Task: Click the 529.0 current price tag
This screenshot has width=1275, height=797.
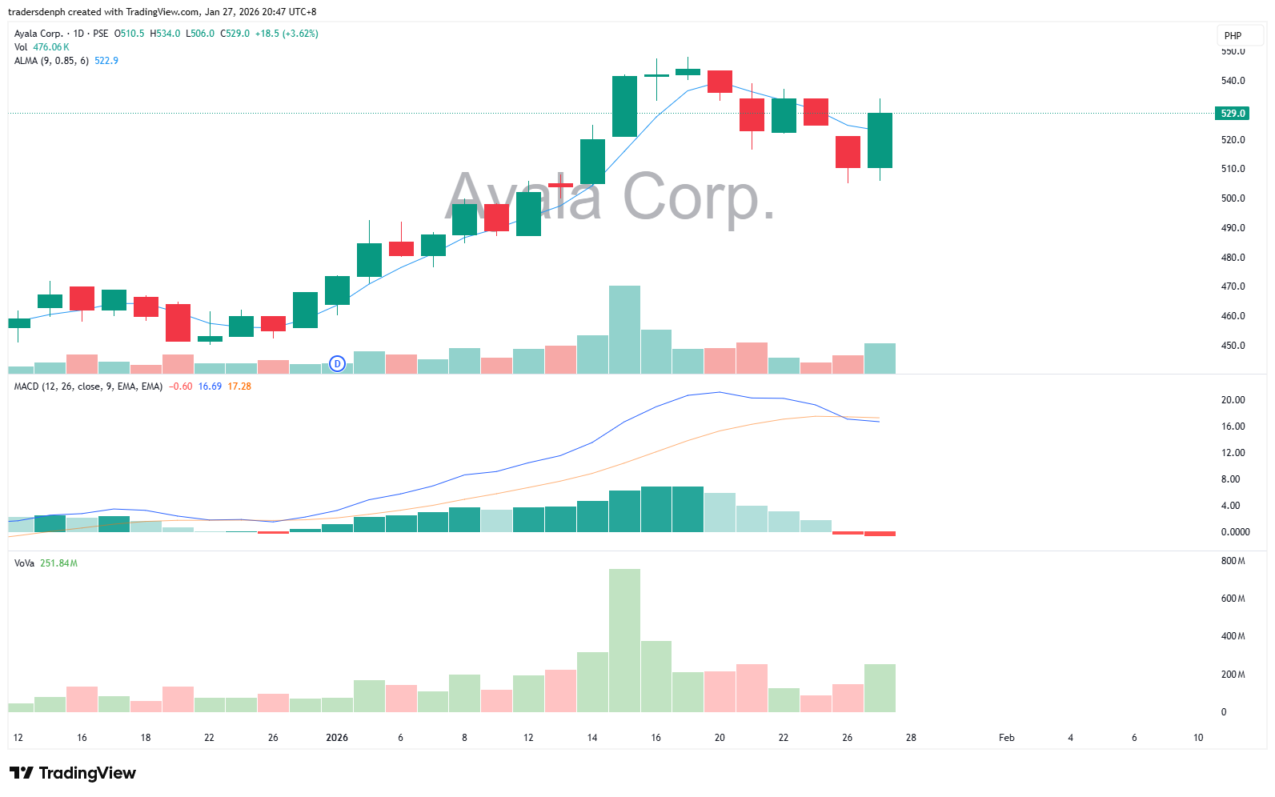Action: point(1233,114)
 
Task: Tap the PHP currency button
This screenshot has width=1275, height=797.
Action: point(1233,36)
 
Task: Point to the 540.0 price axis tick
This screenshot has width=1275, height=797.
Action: point(1233,81)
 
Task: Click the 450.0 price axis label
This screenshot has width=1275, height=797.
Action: point(1233,346)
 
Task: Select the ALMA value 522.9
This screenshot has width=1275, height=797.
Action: point(106,61)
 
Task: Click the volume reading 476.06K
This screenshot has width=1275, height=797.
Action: point(51,47)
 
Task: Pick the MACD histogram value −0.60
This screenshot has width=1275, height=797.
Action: point(181,386)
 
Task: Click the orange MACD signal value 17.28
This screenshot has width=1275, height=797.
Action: point(239,386)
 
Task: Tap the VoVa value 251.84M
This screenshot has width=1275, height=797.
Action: point(58,563)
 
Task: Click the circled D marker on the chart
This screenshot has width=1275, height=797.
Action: point(337,364)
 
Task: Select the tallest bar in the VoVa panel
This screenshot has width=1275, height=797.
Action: point(624,640)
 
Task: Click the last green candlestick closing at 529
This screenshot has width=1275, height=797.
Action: point(880,140)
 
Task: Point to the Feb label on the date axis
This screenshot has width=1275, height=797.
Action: point(1006,738)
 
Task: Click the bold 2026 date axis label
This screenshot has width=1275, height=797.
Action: point(337,738)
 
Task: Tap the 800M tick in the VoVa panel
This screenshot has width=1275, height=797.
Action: point(1233,561)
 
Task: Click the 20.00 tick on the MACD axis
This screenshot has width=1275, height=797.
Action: point(1233,400)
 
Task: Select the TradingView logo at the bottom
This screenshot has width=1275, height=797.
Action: point(73,773)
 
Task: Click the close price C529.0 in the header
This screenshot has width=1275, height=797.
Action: point(235,34)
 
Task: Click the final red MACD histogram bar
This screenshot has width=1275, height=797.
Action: point(880,534)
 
